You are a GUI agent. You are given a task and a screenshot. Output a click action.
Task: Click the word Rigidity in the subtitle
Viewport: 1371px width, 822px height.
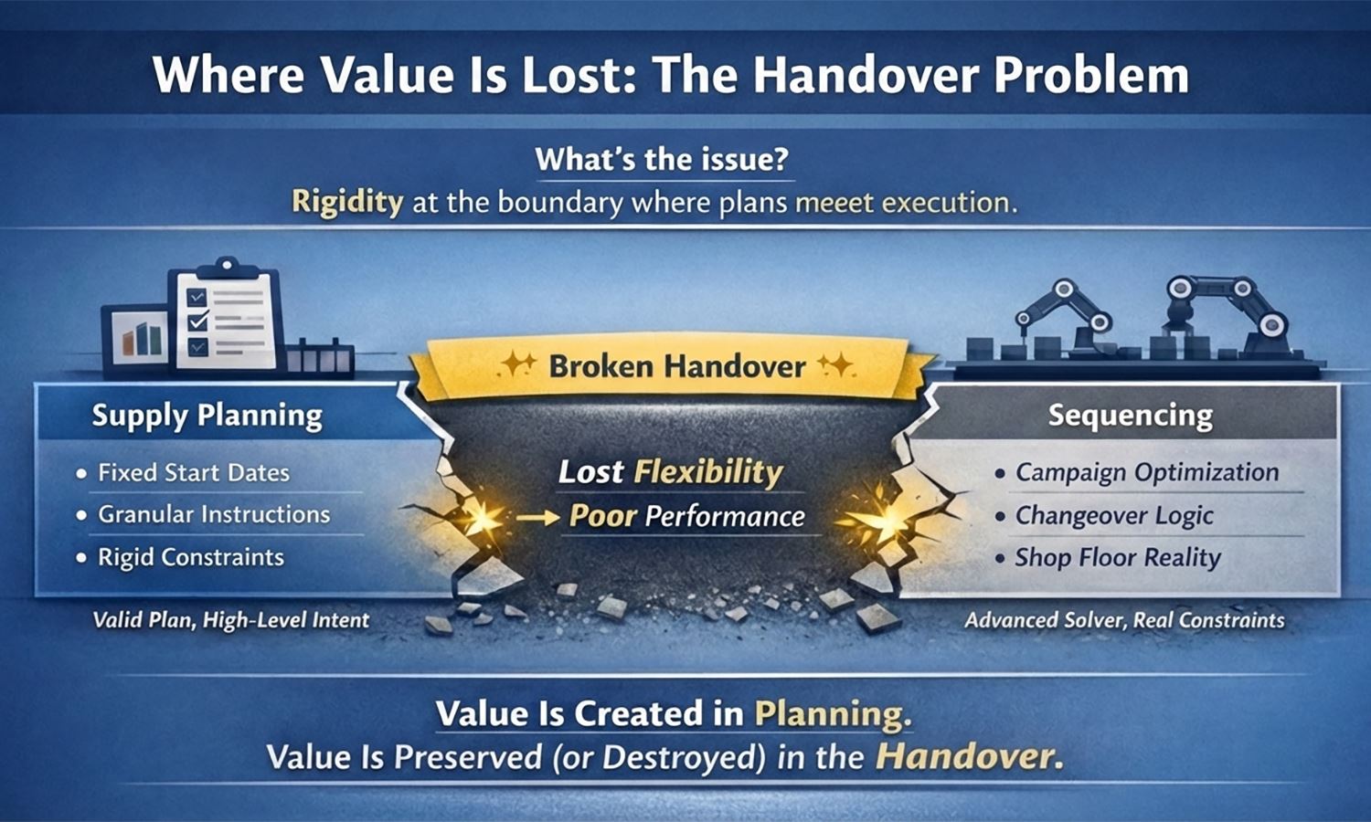tap(346, 201)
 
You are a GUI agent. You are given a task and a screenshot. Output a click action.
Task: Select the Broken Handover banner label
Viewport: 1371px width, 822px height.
tap(676, 367)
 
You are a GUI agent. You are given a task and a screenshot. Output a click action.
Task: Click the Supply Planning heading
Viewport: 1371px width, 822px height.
tap(207, 416)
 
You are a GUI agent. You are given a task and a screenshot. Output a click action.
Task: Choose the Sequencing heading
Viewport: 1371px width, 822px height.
tap(1130, 416)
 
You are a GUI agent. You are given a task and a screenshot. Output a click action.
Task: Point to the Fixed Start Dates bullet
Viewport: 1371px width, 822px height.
tap(193, 473)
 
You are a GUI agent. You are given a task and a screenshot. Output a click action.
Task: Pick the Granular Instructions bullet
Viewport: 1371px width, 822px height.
tap(214, 514)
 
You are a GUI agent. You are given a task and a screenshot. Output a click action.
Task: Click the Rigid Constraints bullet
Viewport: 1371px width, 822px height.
tap(190, 557)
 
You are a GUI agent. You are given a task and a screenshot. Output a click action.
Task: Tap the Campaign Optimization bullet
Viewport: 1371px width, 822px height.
tap(1146, 473)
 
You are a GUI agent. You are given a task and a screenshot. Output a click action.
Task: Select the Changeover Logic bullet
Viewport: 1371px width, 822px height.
tap(1114, 515)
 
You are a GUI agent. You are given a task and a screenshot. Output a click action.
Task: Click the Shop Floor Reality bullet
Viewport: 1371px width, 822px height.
tap(1117, 557)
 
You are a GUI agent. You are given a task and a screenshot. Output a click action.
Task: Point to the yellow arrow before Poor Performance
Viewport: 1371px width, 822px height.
tap(537, 518)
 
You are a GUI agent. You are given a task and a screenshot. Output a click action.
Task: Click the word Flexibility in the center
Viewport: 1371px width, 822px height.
tap(707, 472)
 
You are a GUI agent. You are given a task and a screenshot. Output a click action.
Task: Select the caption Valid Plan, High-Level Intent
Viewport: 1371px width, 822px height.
tap(230, 620)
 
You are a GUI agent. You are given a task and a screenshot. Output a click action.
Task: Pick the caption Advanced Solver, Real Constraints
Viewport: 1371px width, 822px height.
tap(1124, 620)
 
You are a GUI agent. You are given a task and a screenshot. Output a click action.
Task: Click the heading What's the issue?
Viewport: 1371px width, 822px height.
tap(662, 159)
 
